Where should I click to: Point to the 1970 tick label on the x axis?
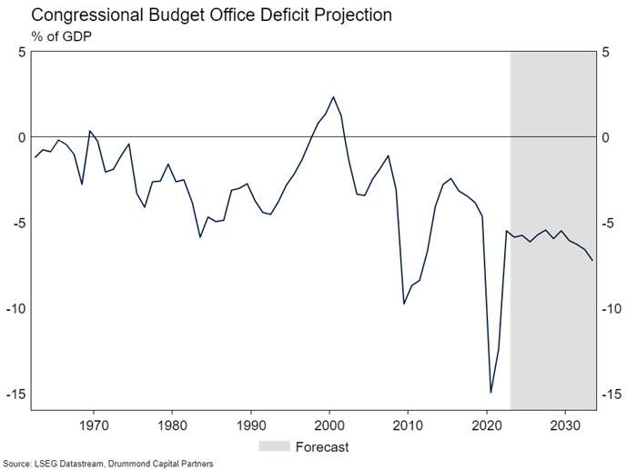coord(94,425)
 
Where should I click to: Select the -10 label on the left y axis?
coord(15,308)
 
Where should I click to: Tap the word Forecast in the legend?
coord(322,446)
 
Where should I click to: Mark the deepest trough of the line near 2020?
coord(491,393)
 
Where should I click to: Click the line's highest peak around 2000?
coord(333,96)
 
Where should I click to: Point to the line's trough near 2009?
coord(404,303)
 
